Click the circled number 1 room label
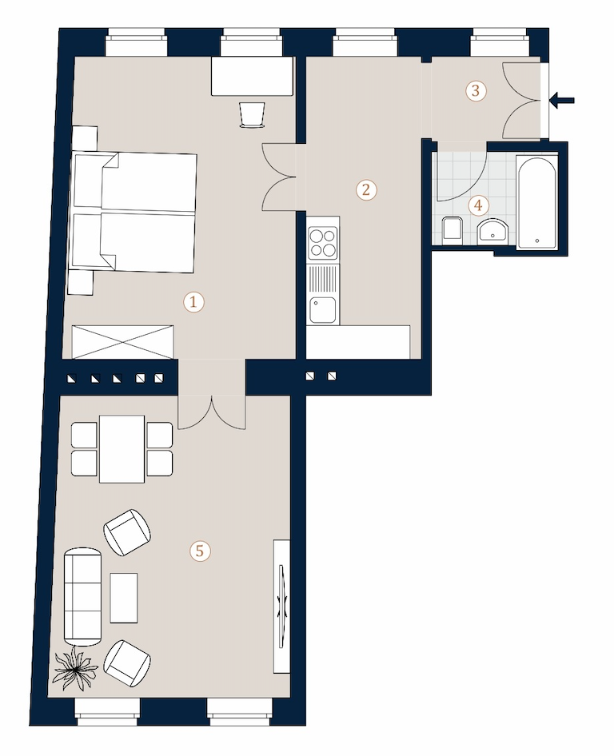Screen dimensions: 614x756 [x=193, y=302]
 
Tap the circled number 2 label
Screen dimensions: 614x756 [x=366, y=189]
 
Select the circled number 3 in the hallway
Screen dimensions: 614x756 [x=476, y=90]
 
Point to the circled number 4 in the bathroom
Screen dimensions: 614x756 [x=478, y=205]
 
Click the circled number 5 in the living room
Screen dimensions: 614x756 [x=200, y=551]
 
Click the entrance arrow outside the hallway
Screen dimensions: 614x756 [x=562, y=101]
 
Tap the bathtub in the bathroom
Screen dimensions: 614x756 [x=536, y=202]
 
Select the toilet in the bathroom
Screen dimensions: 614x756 [x=453, y=228]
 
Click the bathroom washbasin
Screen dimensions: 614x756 [x=492, y=232]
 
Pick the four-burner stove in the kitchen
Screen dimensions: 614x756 [x=323, y=243]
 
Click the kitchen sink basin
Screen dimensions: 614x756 [x=323, y=309]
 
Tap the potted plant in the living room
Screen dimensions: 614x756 [x=75, y=668]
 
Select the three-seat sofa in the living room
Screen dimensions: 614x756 [x=83, y=596]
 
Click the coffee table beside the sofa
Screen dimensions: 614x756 [x=124, y=598]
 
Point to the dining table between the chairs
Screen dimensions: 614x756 [x=122, y=449]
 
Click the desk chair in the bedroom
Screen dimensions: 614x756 [x=253, y=115]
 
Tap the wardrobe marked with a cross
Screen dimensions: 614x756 [x=122, y=342]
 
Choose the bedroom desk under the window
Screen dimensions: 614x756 [x=253, y=76]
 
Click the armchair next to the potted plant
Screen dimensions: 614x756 [x=127, y=663]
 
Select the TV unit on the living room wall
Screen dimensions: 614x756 [x=281, y=606]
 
